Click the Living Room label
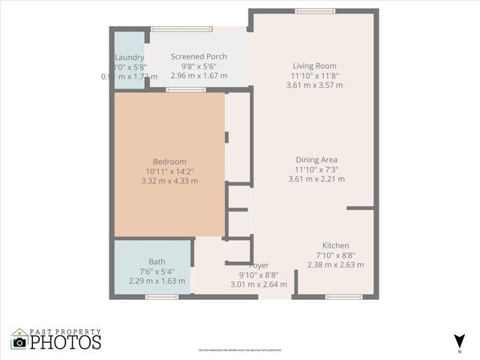tap(315, 66)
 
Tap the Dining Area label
tap(316, 160)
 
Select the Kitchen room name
tap(335, 246)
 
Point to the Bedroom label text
tap(169, 162)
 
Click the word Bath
tap(136, 262)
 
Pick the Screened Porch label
tap(199, 57)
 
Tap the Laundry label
tap(130, 58)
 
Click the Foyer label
tap(259, 265)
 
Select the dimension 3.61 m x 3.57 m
tap(315, 85)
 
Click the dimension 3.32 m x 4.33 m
tap(169, 181)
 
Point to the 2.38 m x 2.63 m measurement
tap(335, 265)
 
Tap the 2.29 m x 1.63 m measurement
tap(136, 281)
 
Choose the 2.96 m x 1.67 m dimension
tap(199, 76)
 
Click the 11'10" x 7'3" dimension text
tap(316, 169)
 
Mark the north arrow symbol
tap(459, 340)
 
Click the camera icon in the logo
tap(19, 342)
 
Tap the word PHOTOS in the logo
tap(66, 343)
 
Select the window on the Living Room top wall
tap(310, 11)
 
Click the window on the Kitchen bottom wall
tap(344, 297)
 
